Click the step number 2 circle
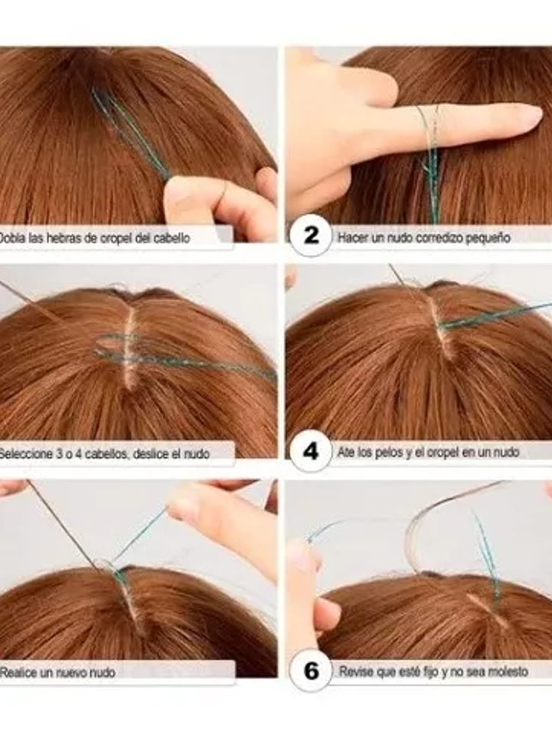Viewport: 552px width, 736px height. click(x=311, y=235)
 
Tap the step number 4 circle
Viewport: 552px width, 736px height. click(x=311, y=451)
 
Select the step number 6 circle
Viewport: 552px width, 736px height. click(x=311, y=671)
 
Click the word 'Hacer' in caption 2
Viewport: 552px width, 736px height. click(x=351, y=237)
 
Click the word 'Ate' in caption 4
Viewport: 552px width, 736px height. click(x=346, y=453)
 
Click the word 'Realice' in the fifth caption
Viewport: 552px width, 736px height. click(x=18, y=673)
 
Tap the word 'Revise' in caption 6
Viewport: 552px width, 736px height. click(x=354, y=672)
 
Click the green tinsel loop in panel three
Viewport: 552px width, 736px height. click(x=123, y=348)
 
